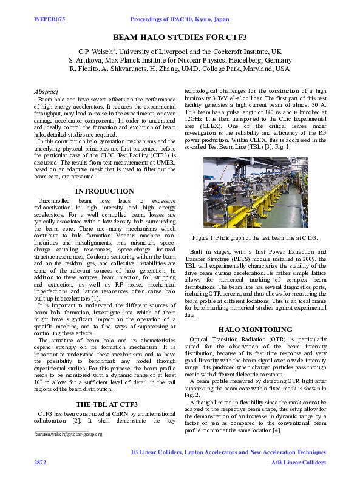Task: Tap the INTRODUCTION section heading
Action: point(104,191)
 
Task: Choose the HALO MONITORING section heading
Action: point(255,329)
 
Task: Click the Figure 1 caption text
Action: point(255,237)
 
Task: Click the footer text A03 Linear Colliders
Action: point(298,462)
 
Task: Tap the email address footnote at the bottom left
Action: point(69,435)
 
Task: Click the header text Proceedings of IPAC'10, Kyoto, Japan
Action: point(180,19)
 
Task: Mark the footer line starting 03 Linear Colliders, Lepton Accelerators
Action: point(228,452)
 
